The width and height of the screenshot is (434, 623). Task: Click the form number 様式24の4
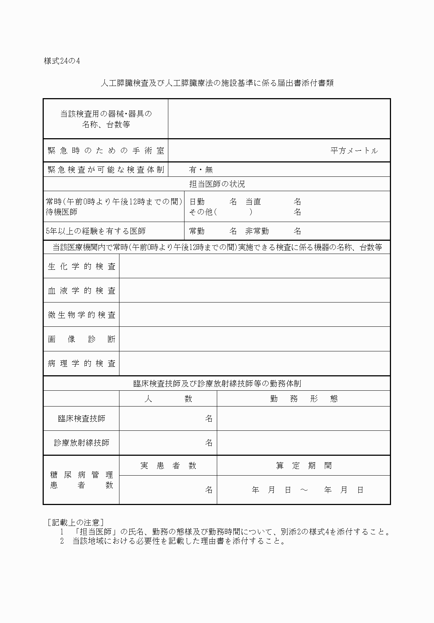62,61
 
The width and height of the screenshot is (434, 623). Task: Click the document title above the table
217,83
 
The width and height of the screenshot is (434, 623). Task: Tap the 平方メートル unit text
354,151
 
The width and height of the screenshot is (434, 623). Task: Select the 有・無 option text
201,170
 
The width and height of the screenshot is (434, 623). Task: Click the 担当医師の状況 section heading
217,184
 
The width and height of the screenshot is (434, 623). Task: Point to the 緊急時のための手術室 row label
106,151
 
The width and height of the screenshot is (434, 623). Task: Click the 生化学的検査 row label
82,266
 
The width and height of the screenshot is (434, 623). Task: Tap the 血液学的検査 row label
82,291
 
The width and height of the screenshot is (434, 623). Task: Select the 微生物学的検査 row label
82,315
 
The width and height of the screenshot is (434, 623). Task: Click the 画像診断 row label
82,339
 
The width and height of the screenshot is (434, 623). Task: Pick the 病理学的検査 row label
82,364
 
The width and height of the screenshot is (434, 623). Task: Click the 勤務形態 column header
304,399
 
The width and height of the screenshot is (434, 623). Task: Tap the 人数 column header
168,399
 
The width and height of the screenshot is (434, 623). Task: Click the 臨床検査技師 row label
82,419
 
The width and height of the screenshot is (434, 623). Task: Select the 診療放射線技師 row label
82,443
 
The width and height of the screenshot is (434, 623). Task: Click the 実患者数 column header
168,466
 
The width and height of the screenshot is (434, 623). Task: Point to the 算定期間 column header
304,466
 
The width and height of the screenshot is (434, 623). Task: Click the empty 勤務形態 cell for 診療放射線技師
304,443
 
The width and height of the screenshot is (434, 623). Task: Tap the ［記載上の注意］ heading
76,522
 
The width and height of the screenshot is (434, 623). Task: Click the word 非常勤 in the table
257,231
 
